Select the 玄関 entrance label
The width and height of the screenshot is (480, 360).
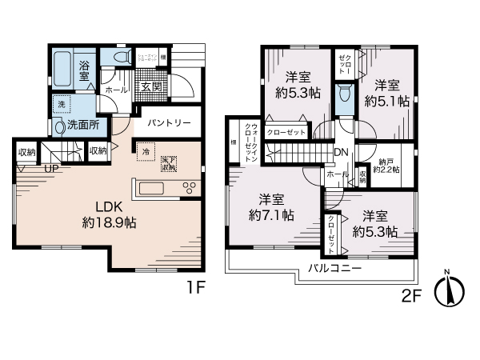tap(151, 86)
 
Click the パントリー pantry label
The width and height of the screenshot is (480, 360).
tap(169, 124)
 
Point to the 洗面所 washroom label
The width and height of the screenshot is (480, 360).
tap(83, 125)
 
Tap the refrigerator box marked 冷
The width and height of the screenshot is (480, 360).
tap(146, 151)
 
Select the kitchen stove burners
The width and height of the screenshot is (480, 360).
tap(190, 189)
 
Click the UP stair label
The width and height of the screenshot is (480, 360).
tap(50, 170)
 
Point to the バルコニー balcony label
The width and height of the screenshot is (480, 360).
tap(334, 268)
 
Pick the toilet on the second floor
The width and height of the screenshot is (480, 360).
tap(344, 94)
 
